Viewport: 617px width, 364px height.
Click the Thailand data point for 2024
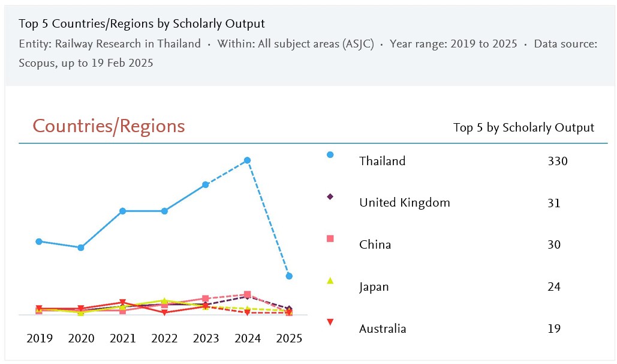[x=247, y=160]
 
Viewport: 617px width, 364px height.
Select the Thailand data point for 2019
[x=39, y=241]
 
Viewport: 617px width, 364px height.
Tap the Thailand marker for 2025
[x=289, y=276]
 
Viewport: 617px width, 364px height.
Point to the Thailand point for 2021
[x=122, y=211]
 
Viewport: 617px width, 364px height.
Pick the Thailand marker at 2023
[x=206, y=184]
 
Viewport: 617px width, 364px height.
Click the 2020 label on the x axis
[x=81, y=338]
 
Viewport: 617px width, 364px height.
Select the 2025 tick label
[x=289, y=338]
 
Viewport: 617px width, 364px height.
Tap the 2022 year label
[x=164, y=338]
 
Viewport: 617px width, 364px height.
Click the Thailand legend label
[x=382, y=161]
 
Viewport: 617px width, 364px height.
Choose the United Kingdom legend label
[x=404, y=203]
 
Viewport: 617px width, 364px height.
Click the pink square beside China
[x=330, y=238]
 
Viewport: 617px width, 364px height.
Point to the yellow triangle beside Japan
[x=330, y=281]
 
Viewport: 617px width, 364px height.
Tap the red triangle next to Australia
[x=330, y=323]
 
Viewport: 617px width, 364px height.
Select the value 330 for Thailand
[x=557, y=161]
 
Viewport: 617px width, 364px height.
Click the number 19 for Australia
[x=554, y=329]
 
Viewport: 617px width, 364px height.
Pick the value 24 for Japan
[x=554, y=287]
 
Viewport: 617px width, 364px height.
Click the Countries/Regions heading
[x=109, y=126]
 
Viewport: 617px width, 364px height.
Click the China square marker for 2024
[x=247, y=294]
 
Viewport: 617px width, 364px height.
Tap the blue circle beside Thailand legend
[x=330, y=155]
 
